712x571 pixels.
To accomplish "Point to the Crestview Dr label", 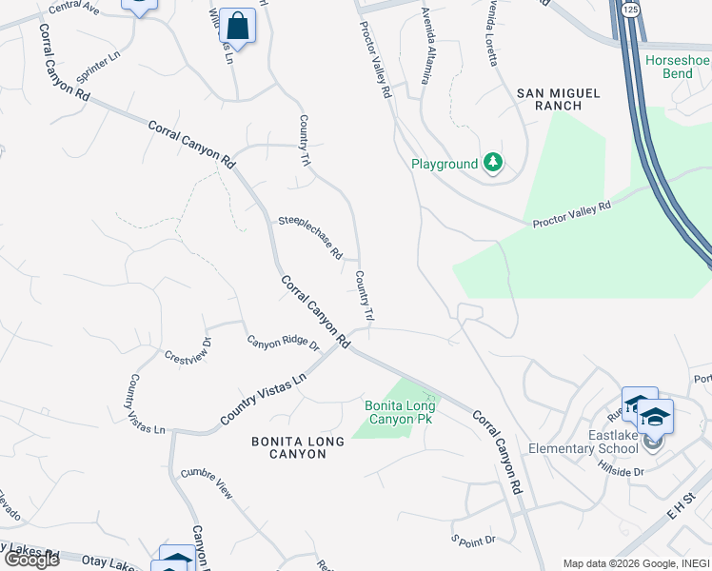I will coord(187,351).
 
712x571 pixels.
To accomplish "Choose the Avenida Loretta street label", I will coord(492,33).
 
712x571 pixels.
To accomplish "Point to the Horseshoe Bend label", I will coord(678,67).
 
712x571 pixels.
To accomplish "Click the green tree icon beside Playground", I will coord(492,164).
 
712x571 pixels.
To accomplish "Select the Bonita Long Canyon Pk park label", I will coord(400,412).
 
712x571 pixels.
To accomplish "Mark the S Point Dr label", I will coord(474,540).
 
